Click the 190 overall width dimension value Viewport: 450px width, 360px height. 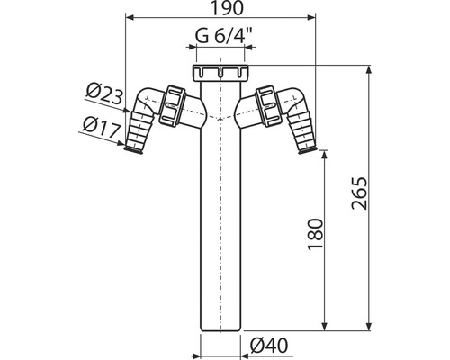[x=227, y=8]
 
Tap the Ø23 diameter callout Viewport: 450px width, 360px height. [x=104, y=94]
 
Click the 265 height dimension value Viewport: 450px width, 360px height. [x=359, y=193]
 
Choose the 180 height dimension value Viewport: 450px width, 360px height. [x=316, y=234]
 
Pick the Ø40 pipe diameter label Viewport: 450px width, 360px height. [x=269, y=346]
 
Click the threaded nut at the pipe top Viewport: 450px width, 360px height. [x=220, y=73]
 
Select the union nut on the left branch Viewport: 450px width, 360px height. [x=170, y=105]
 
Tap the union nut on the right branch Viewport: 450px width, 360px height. [x=269, y=105]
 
